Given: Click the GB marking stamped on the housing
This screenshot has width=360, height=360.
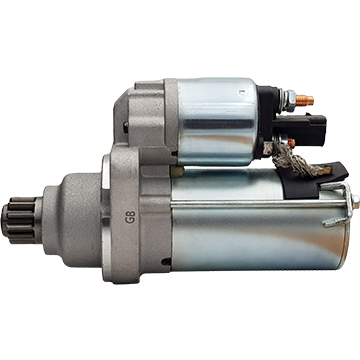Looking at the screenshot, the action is point(130,217).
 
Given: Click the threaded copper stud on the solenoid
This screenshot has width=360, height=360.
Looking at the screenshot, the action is point(304,100).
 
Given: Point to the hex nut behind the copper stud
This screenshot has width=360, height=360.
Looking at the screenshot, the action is point(289,100).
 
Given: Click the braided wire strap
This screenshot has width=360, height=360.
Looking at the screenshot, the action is point(293,162).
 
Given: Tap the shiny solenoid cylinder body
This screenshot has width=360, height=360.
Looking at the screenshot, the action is point(217,122).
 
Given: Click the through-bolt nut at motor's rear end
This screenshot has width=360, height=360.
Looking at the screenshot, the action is point(355,202).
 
